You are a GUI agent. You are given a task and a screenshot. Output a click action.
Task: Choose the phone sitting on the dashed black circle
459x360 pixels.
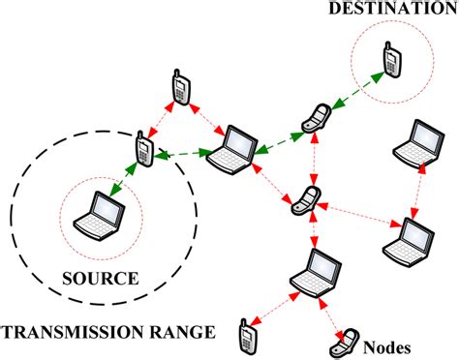[144, 148]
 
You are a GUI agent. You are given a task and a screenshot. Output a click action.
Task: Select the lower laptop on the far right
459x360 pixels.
[416, 239]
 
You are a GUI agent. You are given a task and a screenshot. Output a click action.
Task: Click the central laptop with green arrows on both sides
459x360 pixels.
[229, 148]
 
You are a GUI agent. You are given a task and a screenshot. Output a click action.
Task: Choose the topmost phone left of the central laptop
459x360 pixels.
[179, 87]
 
